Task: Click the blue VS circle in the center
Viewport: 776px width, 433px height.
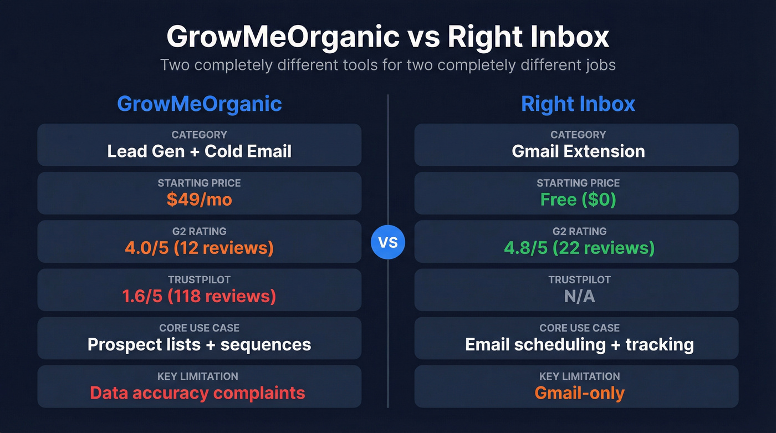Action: [388, 243]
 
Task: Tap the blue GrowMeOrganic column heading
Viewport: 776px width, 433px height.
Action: [200, 104]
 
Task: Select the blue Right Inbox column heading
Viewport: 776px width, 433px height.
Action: [578, 104]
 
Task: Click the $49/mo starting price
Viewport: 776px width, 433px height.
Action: [200, 200]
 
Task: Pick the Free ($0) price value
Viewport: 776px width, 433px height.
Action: [578, 200]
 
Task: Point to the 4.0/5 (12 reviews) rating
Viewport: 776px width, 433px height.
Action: [200, 248]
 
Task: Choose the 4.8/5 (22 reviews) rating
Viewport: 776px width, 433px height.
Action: [578, 248]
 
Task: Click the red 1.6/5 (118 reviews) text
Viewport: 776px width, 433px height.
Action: [200, 296]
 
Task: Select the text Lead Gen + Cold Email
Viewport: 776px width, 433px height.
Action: [200, 151]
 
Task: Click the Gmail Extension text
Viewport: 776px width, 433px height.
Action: [578, 151]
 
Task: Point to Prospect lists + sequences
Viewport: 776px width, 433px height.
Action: [200, 344]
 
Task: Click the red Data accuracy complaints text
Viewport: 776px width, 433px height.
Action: [198, 393]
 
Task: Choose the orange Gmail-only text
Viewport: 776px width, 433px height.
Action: [579, 393]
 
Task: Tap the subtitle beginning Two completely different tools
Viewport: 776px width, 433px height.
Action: [388, 65]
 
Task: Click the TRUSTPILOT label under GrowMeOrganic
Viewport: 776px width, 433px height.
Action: [200, 280]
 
